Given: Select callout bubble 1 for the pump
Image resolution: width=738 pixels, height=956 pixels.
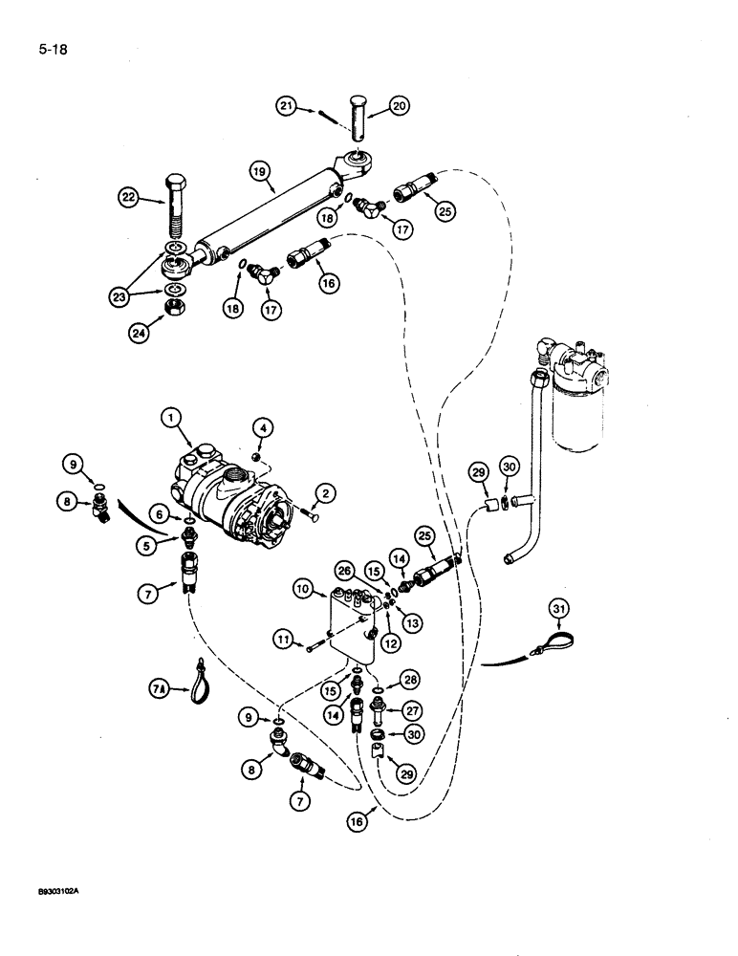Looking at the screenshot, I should pyautogui.click(x=172, y=417).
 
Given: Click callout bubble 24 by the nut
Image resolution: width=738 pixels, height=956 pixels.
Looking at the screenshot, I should pyautogui.click(x=141, y=335).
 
